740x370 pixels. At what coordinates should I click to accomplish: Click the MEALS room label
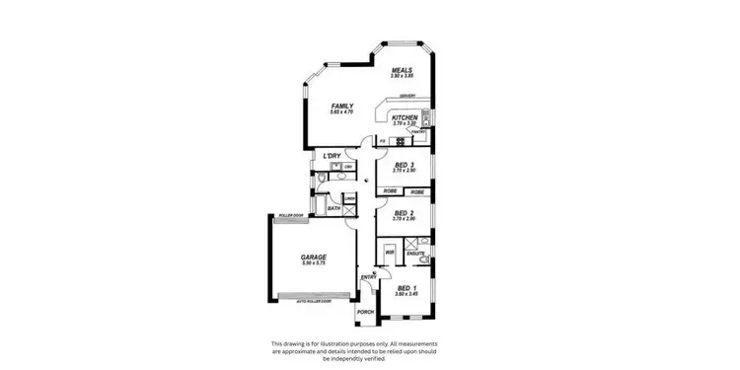[402, 70]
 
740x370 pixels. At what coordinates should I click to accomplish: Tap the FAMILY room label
[342, 106]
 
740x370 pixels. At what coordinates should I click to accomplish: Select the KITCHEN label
[406, 117]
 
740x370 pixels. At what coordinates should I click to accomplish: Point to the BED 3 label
[403, 165]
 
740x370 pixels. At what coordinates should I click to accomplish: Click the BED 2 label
[403, 212]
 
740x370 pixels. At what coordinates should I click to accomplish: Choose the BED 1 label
[405, 287]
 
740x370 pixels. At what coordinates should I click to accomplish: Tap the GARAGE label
[314, 258]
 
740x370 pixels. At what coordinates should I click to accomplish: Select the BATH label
[333, 208]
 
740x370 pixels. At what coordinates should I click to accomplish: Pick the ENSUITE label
[416, 254]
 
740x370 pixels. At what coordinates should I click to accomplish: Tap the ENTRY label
[367, 277]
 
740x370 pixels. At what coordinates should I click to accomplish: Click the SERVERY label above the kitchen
[407, 96]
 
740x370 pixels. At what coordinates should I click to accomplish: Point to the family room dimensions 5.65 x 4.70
[342, 111]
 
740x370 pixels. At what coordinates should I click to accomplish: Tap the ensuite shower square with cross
[423, 242]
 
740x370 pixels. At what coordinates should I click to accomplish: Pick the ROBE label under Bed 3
[389, 190]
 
